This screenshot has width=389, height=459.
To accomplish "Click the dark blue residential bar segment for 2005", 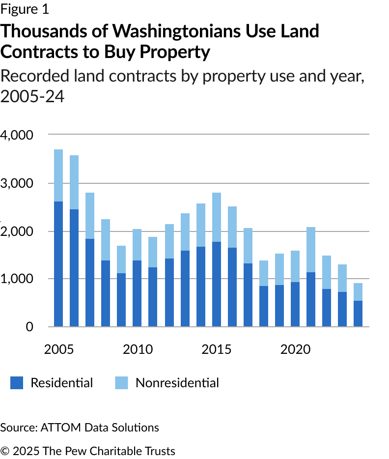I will pyautogui.click(x=58, y=264).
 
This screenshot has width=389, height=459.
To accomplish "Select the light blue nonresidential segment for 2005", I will pyautogui.click(x=58, y=175).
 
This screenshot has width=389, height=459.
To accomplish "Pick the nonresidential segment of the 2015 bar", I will pyautogui.click(x=217, y=217).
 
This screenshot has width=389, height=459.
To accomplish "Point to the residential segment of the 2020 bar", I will pyautogui.click(x=295, y=304).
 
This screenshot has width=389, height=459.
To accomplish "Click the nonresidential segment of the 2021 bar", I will pyautogui.click(x=311, y=250).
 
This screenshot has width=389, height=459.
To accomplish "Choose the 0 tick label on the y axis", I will pyautogui.click(x=29, y=327).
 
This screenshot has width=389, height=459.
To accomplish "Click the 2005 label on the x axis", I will pyautogui.click(x=59, y=350).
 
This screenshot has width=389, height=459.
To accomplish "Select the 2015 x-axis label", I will pyautogui.click(x=217, y=350).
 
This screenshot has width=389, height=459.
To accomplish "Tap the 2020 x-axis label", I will pyautogui.click(x=295, y=350).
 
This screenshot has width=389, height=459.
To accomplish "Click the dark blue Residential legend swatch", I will pyautogui.click(x=17, y=383).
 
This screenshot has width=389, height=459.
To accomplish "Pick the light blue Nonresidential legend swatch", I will pyautogui.click(x=122, y=383).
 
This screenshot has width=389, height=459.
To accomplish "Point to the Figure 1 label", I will pyautogui.click(x=25, y=9).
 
